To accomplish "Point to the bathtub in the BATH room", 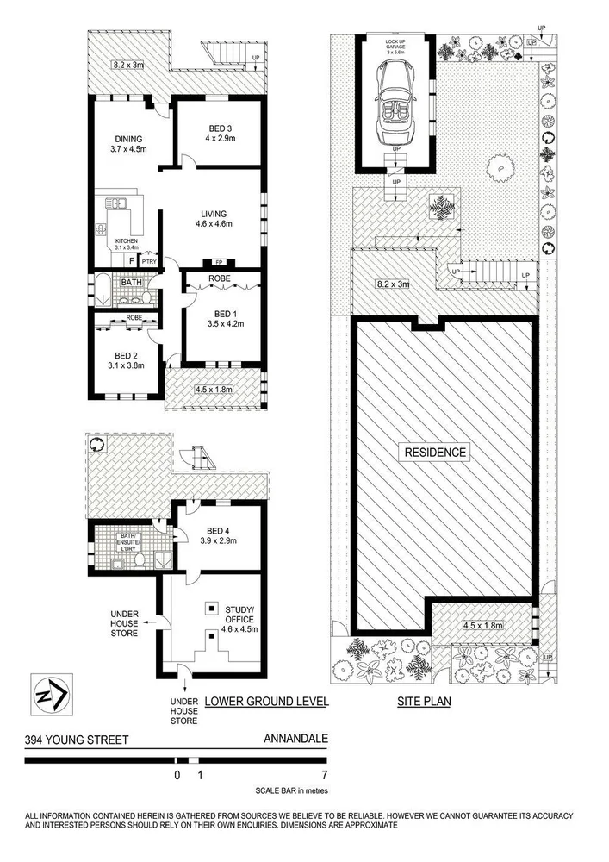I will (103, 290).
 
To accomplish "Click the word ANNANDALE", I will (295, 739).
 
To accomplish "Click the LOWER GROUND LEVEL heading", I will (267, 702).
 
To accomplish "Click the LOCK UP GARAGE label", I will (396, 45).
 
